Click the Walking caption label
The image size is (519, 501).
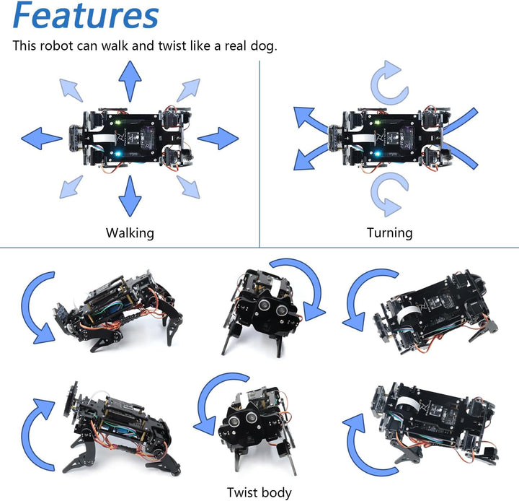tap(130, 232)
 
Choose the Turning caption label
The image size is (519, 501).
tap(389, 232)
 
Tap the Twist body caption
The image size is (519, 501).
tap(259, 492)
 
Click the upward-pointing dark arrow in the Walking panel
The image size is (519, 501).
tap(130, 80)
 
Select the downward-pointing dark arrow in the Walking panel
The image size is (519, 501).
tap(130, 196)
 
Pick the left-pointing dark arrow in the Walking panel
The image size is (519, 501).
tap(41, 137)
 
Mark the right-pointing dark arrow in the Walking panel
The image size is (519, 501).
tap(218, 137)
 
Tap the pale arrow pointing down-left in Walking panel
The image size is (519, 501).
tap(71, 186)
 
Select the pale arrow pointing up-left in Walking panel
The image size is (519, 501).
tap(71, 88)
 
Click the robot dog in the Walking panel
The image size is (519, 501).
tap(130, 137)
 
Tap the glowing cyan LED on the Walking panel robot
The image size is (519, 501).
tap(119, 153)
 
